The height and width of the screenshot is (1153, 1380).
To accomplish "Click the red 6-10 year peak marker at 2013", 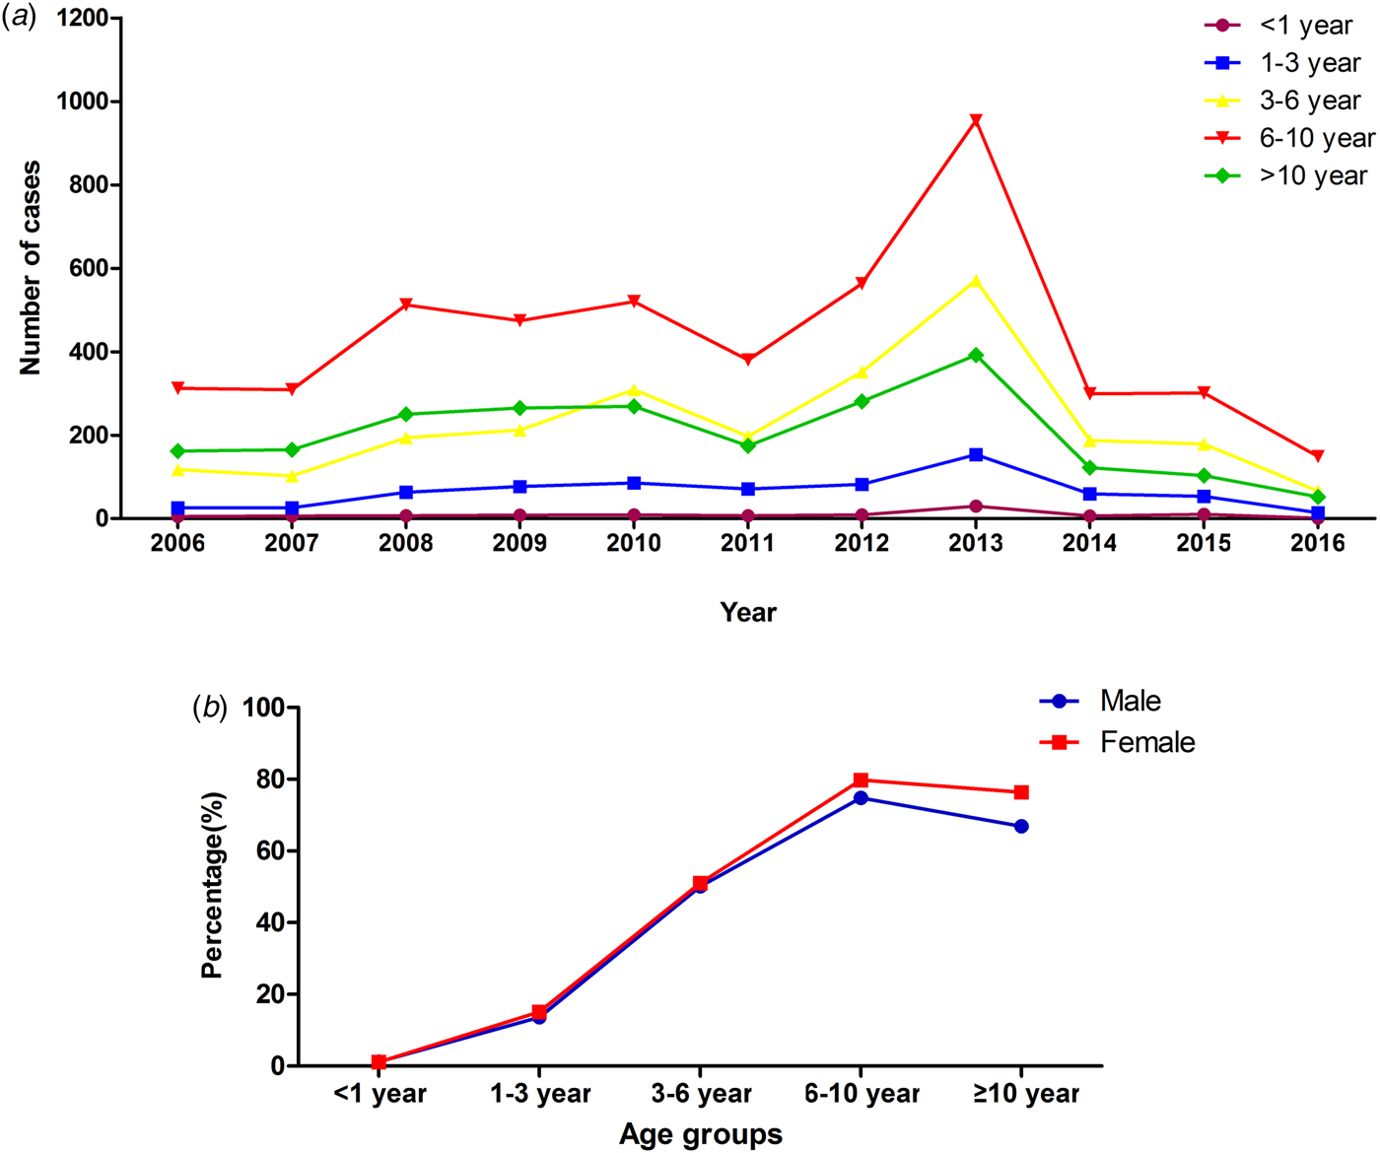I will (x=976, y=120).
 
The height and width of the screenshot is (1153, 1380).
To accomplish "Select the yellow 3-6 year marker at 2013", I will (x=976, y=282).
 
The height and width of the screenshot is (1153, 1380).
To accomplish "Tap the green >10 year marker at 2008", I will (x=406, y=414).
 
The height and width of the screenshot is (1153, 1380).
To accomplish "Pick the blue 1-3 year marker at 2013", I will (x=976, y=454).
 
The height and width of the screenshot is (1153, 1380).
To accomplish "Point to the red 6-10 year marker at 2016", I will (x=1318, y=456).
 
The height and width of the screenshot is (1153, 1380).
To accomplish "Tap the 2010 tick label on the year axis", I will (x=634, y=544).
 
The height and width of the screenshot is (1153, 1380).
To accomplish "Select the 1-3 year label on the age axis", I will (x=540, y=1094).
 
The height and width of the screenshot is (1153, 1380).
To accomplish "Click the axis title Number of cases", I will (x=31, y=268).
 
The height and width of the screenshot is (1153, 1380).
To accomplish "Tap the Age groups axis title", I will (x=701, y=1135).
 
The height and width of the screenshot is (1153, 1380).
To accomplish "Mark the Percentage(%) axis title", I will (x=213, y=885).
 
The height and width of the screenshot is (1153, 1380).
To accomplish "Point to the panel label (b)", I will (x=209, y=707).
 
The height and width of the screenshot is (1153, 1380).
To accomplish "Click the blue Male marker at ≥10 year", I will (x=1021, y=826).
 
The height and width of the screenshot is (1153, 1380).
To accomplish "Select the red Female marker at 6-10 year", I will (x=861, y=780).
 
